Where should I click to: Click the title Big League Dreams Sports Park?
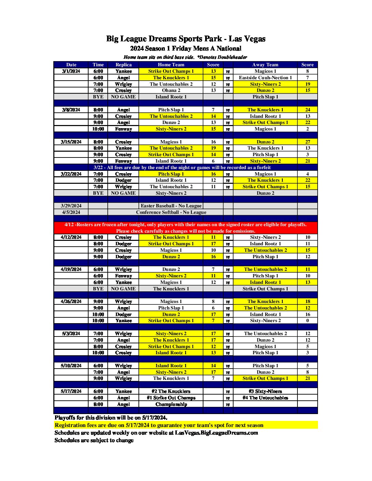pyautogui.click(x=186, y=39)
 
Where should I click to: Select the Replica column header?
pyautogui.click(x=123, y=65)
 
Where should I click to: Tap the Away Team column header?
pyautogui.click(x=265, y=65)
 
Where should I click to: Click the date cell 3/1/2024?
pyautogui.click(x=71, y=71)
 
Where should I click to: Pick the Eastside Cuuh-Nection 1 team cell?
pyautogui.click(x=265, y=78)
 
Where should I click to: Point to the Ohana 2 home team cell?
pyautogui.click(x=171, y=90)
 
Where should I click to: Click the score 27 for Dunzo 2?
pyautogui.click(x=307, y=142)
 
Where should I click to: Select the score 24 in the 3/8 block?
pyautogui.click(x=307, y=110)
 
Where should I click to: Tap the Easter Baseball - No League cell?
pyautogui.click(x=171, y=206)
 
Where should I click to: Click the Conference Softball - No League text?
pyautogui.click(x=171, y=212)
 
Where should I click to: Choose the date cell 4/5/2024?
pyautogui.click(x=71, y=212)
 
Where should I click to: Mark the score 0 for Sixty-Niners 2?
pyautogui.click(x=307, y=320)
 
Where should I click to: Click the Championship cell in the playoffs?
pyautogui.click(x=171, y=404)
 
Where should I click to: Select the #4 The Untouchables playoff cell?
pyautogui.click(x=265, y=398)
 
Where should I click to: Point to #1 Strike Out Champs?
pyautogui.click(x=171, y=398)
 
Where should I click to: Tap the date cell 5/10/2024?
pyautogui.click(x=71, y=366)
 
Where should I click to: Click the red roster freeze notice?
pyautogui.click(x=186, y=228)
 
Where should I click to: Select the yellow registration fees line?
pyautogui.click(x=159, y=425)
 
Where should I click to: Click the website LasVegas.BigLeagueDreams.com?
pyautogui.click(x=216, y=432)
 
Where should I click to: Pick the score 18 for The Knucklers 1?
pyautogui.click(x=307, y=301)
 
